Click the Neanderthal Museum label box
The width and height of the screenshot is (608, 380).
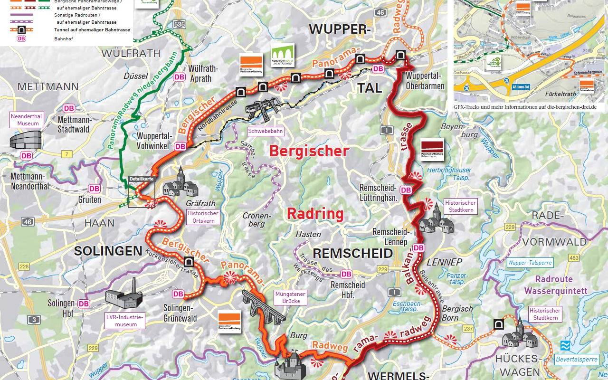[x=28, y=120]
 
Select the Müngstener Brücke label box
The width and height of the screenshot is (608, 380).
[x=290, y=298]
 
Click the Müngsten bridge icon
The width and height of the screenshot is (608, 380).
[x=263, y=306]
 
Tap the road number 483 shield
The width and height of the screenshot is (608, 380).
[x=573, y=258]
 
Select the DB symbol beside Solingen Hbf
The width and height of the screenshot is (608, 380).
[x=84, y=304]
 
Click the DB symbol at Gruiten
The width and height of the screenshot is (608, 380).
[x=95, y=189]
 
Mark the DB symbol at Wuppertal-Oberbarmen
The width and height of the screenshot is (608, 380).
[x=378, y=69]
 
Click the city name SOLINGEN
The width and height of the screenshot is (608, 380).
[x=108, y=251]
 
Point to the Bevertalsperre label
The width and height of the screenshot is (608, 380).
[x=576, y=360]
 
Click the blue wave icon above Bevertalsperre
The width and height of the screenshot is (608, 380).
[x=565, y=345]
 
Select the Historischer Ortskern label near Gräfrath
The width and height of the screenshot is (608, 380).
[x=203, y=217]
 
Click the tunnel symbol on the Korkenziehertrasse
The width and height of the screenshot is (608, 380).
[x=189, y=262]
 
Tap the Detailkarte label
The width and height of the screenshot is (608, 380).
[x=141, y=179]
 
